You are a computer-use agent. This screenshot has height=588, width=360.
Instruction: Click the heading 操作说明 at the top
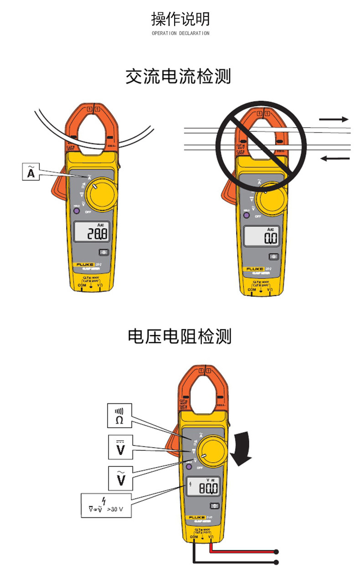[180, 19]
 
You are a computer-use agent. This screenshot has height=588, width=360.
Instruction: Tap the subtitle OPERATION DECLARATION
[180, 33]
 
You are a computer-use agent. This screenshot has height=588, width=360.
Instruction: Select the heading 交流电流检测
[179, 76]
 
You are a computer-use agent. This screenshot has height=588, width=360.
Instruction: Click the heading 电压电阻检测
[180, 336]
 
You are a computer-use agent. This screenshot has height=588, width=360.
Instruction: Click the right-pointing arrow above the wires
[334, 119]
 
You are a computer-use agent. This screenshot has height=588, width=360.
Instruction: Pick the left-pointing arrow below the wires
[334, 158]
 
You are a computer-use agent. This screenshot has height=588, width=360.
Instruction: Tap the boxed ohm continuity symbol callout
[119, 415]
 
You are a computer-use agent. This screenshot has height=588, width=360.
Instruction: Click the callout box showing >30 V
[106, 505]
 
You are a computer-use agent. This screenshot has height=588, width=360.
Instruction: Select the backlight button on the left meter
[104, 252]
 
